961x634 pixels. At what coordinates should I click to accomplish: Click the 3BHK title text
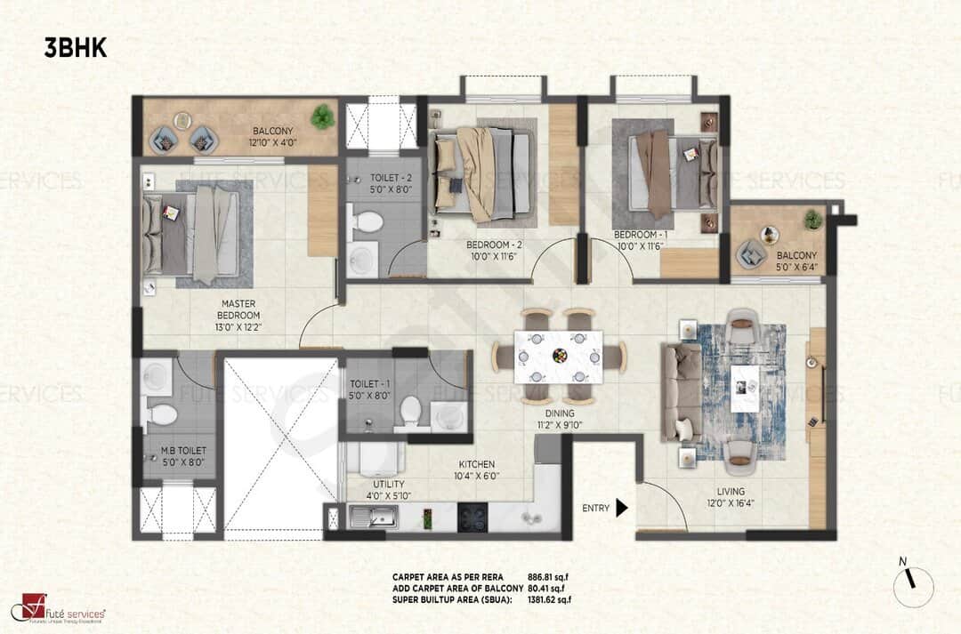pyautogui.click(x=76, y=48)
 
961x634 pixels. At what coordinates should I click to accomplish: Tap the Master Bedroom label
pyautogui.click(x=238, y=315)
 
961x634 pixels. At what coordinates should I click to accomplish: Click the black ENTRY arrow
pyautogui.click(x=622, y=508)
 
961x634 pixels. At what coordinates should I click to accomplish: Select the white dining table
pyautogui.click(x=559, y=356)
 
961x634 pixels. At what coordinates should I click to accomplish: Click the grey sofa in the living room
pyautogui.click(x=681, y=391)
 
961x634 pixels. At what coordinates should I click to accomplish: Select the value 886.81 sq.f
pyautogui.click(x=547, y=576)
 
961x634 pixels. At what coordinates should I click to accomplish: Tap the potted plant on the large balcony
pyautogui.click(x=322, y=116)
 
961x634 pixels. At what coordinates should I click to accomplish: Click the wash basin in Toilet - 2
pyautogui.click(x=362, y=259)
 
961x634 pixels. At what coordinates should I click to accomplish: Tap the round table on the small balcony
pyautogui.click(x=770, y=235)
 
